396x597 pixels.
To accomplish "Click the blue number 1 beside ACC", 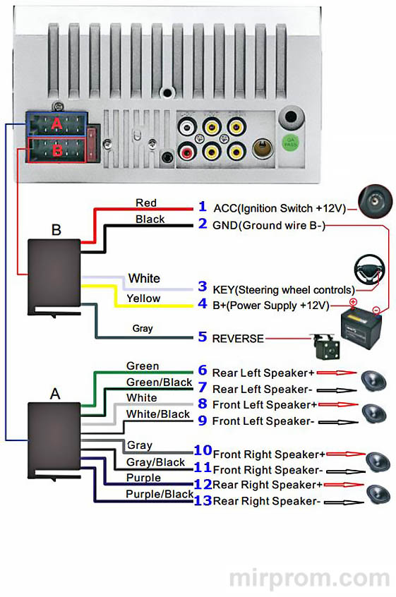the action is (202, 207).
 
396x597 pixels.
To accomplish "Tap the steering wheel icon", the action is (369, 268).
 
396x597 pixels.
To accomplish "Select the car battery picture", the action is (361, 327).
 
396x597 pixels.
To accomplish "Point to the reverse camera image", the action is (326, 346).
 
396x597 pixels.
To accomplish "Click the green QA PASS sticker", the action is (291, 143).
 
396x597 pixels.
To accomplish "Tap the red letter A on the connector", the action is (56, 123).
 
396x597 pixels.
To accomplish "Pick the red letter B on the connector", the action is (57, 150).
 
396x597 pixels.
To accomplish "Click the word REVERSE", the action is (238, 339).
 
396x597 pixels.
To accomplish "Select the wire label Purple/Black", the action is (160, 494).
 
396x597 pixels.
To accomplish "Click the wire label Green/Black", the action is (159, 382).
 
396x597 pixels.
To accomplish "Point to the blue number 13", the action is (203, 500).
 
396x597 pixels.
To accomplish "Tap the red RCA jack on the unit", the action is (187, 152).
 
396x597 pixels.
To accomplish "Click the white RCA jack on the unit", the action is (187, 126).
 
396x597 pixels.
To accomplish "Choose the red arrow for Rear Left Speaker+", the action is (336, 373).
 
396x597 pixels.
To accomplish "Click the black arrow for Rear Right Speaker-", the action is (344, 502).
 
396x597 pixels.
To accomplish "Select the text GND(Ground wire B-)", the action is (269, 225).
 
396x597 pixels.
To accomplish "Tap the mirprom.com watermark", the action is (309, 579).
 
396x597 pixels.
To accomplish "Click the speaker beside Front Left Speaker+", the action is (374, 414).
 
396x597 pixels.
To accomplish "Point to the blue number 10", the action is (203, 450).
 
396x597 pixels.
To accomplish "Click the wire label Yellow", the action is (143, 298).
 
